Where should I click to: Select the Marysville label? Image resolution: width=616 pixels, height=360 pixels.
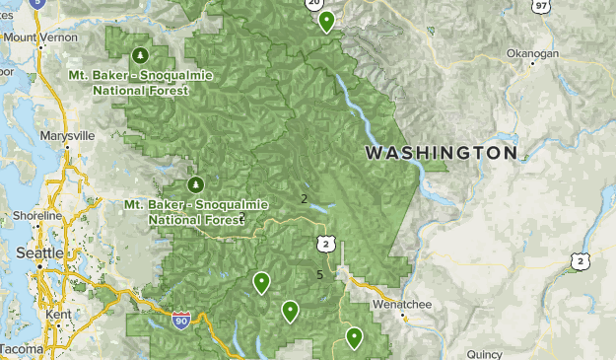click(67, 135)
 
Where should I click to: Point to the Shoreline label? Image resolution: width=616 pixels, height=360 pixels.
click(36, 217)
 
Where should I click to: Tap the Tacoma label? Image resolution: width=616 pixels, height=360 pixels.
click(21, 350)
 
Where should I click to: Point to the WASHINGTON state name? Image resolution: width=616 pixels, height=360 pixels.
click(441, 154)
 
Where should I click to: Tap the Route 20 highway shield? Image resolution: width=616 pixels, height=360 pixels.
click(314, 4)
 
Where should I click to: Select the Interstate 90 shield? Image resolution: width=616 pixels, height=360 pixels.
click(180, 321)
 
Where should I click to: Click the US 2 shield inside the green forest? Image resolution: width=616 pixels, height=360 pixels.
click(324, 244)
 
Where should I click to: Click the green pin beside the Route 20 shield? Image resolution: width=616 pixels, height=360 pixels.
click(326, 21)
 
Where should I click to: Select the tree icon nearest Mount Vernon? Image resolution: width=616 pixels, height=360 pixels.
click(139, 54)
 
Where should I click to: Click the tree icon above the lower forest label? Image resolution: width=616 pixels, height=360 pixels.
click(195, 184)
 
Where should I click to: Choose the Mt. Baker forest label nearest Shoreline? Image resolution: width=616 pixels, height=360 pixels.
click(196, 211)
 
